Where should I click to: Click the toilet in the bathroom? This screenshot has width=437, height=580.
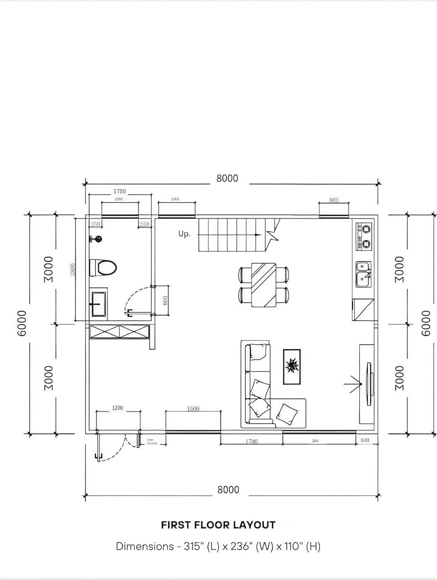click(104, 267)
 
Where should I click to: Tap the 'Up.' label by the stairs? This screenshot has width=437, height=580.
click(184, 234)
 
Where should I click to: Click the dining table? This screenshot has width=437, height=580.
click(264, 285)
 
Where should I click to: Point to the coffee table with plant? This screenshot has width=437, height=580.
click(292, 367)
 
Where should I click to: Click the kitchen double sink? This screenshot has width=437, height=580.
click(363, 274)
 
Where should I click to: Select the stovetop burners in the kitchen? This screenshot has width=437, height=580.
click(364, 236)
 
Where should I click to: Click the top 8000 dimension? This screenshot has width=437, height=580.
click(227, 179)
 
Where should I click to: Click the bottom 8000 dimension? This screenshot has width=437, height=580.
click(228, 490)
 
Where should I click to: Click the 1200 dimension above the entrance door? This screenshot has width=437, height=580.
click(117, 408)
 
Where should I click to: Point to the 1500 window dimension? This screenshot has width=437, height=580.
click(193, 409)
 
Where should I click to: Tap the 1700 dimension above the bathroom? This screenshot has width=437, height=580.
click(120, 191)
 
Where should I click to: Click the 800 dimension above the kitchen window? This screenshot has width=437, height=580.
click(334, 200)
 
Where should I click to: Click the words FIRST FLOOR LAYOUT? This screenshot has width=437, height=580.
click(218, 525)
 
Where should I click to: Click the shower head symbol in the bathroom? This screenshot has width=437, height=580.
click(98, 239)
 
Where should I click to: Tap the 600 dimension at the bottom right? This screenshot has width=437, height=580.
click(365, 440)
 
